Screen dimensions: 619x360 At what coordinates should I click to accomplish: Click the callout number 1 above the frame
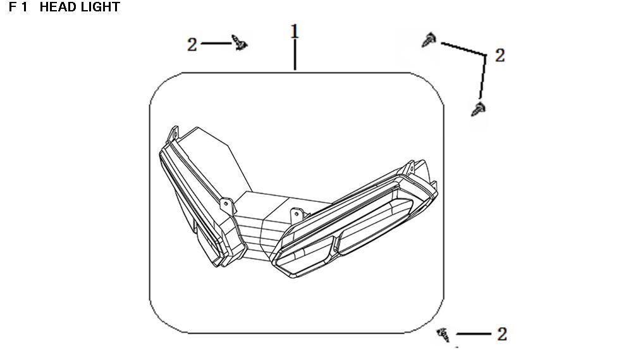(295, 32)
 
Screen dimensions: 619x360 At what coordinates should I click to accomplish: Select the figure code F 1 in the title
(18, 7)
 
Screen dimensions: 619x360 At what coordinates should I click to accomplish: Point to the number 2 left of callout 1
(192, 45)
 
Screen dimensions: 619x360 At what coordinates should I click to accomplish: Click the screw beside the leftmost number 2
(239, 42)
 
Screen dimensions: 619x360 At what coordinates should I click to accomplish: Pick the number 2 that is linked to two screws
(499, 55)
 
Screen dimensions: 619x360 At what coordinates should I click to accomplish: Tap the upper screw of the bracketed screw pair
(429, 40)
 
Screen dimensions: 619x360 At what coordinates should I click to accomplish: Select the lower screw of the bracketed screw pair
(479, 109)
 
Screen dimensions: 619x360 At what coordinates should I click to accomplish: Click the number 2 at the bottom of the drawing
(502, 334)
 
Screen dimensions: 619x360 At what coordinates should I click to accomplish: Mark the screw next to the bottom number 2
(443, 334)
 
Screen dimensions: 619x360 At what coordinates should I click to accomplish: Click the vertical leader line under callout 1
(295, 55)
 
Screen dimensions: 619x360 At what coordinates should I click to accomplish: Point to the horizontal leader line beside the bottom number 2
(474, 334)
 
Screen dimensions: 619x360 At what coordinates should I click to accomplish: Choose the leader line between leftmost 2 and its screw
(216, 43)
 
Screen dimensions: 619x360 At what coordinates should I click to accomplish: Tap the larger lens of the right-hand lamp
(374, 226)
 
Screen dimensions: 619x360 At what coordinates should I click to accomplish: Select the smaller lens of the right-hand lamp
(304, 255)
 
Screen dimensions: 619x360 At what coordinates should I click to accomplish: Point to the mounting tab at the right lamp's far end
(408, 167)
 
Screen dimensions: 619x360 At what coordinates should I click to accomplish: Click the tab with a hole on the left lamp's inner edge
(226, 206)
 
